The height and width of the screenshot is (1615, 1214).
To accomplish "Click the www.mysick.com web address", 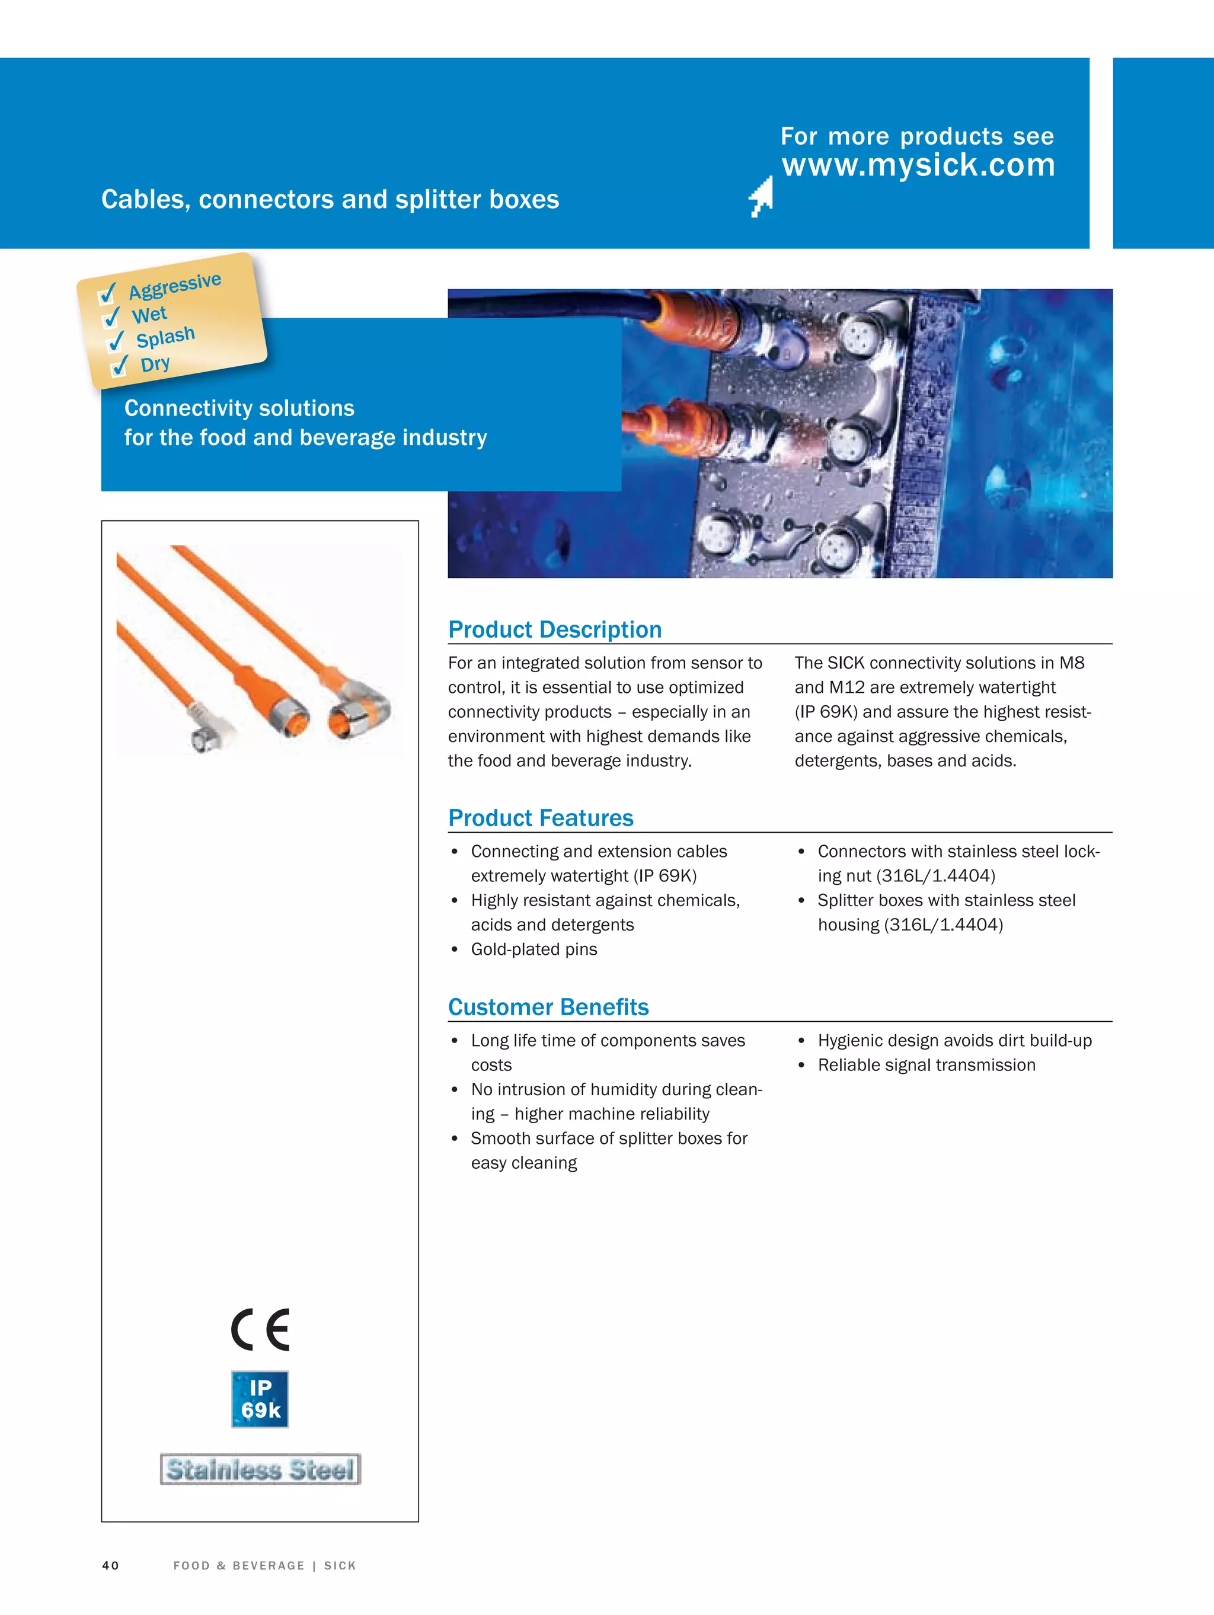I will click(918, 165).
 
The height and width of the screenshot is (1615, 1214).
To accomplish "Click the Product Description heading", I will click(554, 629).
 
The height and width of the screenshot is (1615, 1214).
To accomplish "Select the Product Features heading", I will click(541, 818).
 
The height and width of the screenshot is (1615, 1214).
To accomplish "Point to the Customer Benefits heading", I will click(548, 1007).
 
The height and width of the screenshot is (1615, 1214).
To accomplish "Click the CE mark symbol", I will click(261, 1329).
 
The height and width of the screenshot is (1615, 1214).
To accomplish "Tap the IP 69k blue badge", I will click(260, 1399).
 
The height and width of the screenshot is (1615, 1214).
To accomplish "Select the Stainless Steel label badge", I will click(260, 1469).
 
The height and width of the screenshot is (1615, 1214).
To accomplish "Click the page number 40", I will click(110, 1565).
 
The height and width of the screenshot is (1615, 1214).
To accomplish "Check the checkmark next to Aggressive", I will click(107, 293).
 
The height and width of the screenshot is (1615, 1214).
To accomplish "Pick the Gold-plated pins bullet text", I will click(533, 949).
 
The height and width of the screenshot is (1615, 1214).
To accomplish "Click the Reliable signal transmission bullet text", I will click(926, 1065).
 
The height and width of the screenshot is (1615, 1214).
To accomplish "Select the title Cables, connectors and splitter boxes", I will click(330, 199).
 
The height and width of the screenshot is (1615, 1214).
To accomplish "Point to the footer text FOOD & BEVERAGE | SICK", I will click(264, 1565).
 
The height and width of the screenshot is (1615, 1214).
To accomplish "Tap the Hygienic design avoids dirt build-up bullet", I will click(954, 1040).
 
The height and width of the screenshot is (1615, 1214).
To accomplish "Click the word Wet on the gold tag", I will click(149, 315).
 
